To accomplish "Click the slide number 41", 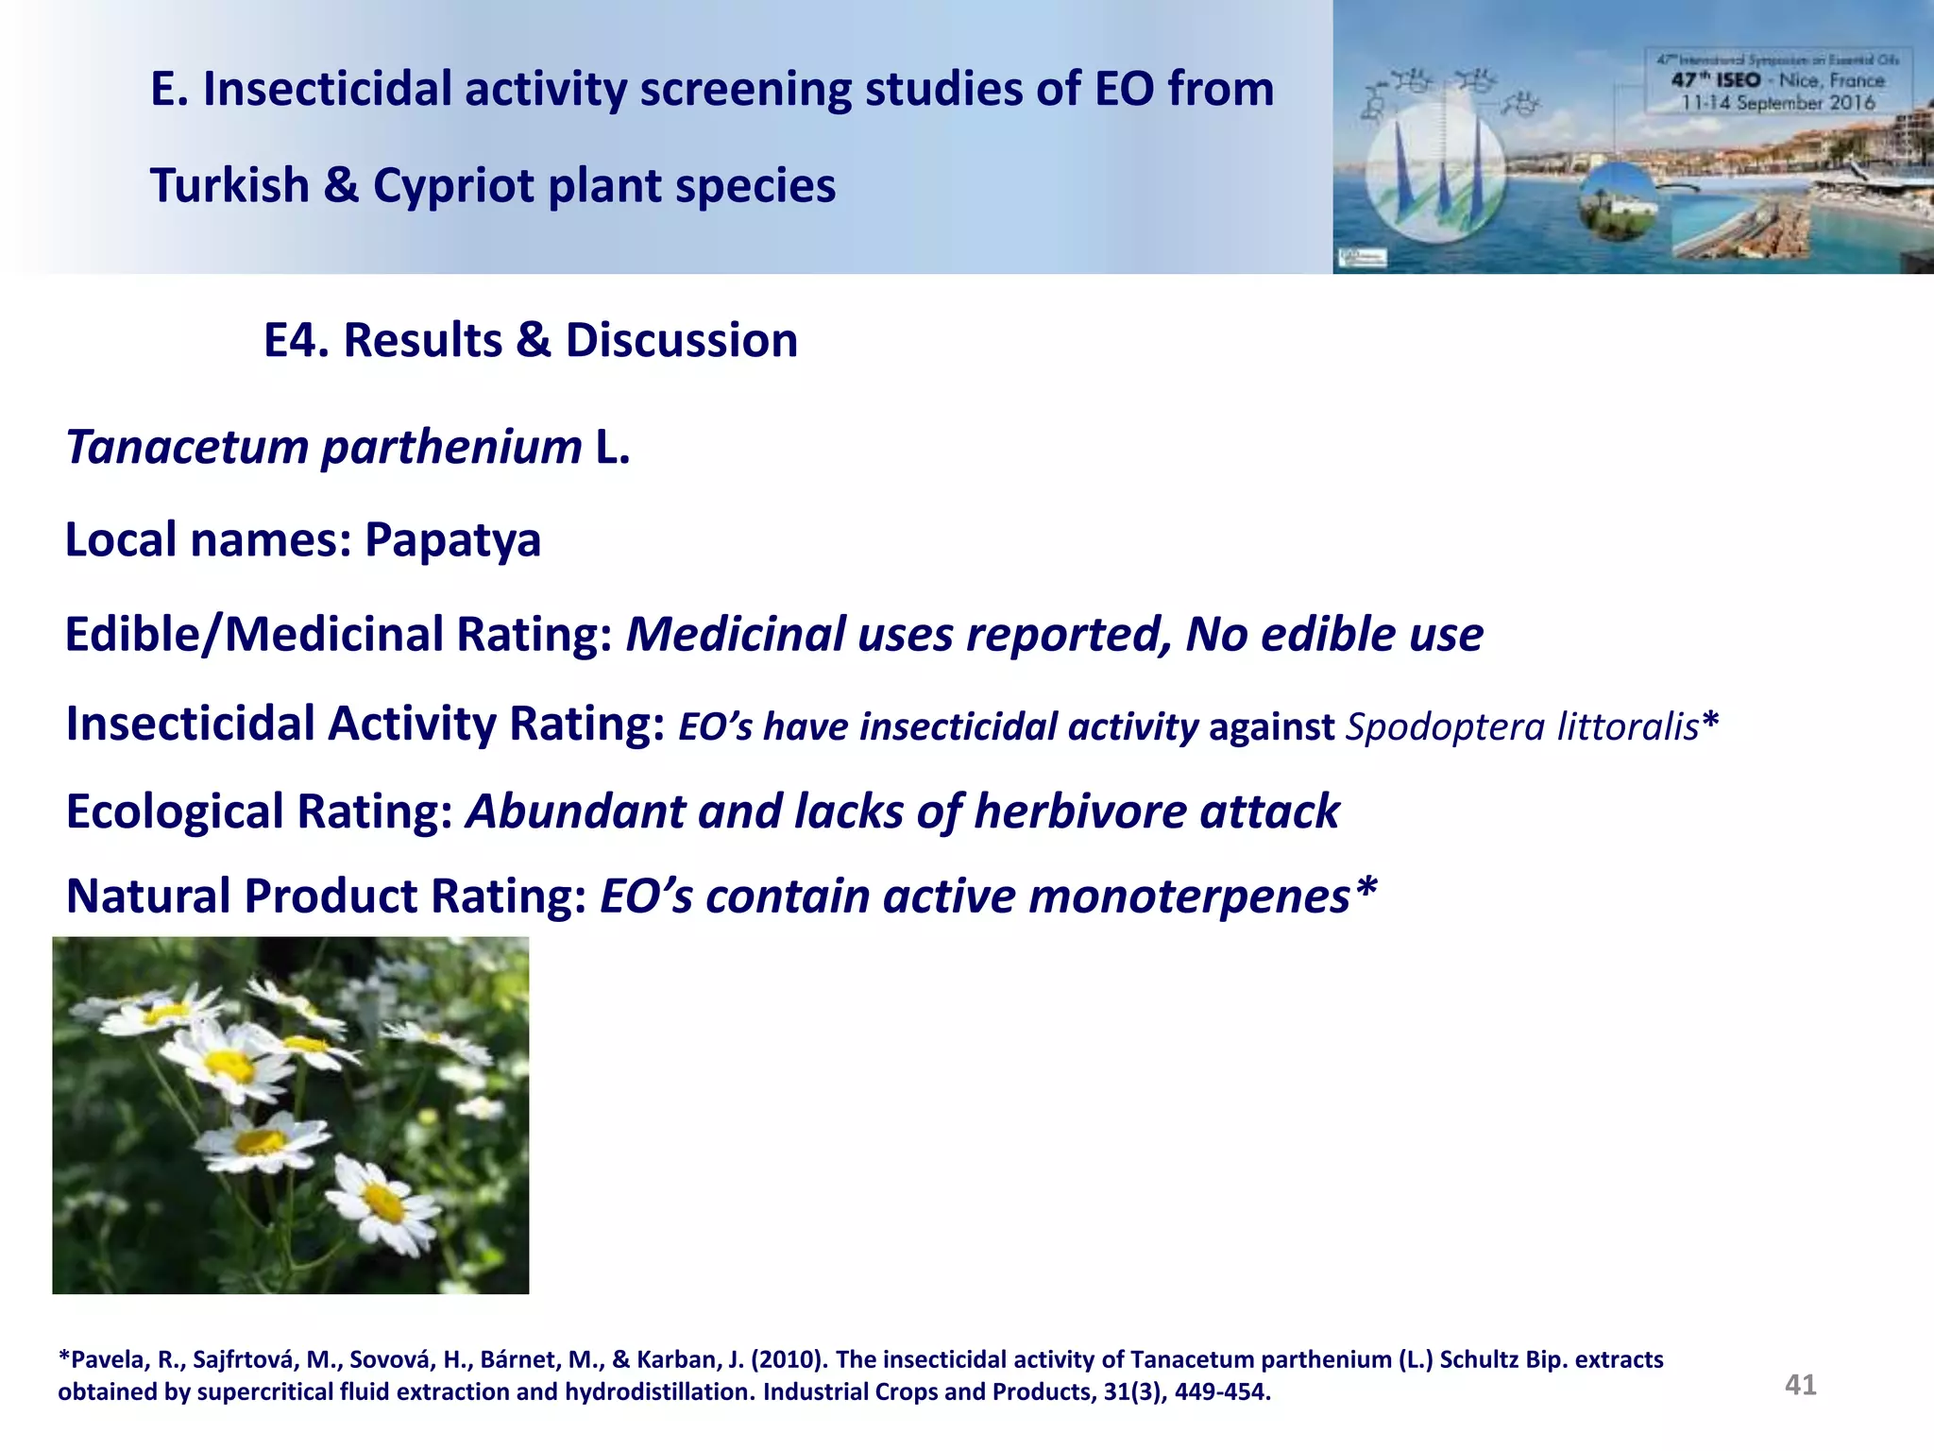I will click(1800, 1385).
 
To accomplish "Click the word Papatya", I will click(452, 541).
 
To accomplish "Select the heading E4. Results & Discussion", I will click(530, 340).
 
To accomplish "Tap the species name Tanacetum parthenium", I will click(324, 447).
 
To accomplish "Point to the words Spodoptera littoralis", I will click(1522, 726).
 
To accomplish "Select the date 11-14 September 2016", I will click(1776, 103).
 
